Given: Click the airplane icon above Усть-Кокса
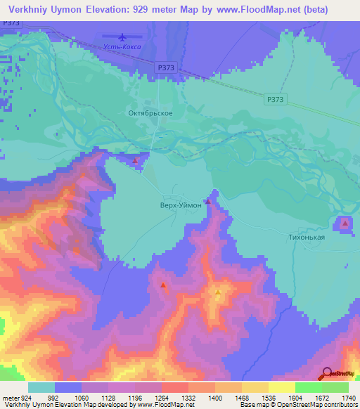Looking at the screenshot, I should coord(123,37).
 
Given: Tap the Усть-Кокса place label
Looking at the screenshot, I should coord(123,47).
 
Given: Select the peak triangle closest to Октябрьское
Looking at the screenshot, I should coord(134,161).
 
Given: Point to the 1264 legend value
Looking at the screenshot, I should coord(170,397).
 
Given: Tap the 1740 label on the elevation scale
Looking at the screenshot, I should coord(345,397).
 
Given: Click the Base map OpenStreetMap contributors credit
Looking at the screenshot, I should coord(298,405).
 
